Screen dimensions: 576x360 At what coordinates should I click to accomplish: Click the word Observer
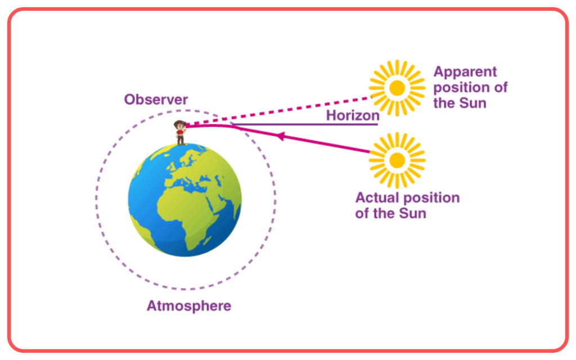coord(156,100)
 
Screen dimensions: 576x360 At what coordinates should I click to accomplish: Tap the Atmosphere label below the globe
coord(189,306)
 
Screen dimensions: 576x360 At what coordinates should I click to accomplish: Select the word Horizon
coord(353,115)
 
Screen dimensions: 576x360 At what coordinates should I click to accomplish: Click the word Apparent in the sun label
coord(465,72)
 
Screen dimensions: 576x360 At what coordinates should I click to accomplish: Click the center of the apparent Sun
coord(397,88)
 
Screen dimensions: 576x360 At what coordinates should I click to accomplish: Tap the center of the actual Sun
coord(397,160)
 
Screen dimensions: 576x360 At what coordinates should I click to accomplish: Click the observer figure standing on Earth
coord(180,133)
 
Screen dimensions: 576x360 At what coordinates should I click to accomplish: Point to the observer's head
coord(179,125)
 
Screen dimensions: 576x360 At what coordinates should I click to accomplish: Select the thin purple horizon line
coord(304,124)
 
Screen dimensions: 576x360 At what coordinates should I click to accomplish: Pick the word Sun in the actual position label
coord(412,213)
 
